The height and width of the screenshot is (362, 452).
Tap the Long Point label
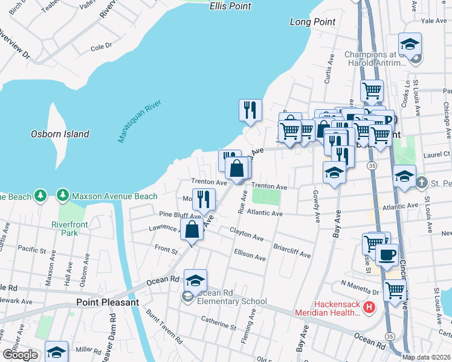tap(312, 22)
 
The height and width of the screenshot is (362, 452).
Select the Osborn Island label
tap(60, 134)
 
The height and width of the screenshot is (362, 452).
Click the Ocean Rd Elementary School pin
tap(195, 281)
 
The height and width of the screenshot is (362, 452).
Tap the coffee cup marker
tap(387, 254)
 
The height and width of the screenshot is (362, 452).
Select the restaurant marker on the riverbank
tap(250, 110)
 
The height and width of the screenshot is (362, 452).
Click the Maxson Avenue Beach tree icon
tap(62, 195)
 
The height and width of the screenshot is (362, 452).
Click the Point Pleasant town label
tap(108, 302)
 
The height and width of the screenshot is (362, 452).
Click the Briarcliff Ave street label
tap(291, 251)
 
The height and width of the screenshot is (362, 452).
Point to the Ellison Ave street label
tap(250, 256)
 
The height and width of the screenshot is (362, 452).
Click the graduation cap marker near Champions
tap(410, 44)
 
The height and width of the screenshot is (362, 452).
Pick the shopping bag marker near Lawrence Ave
tap(192, 229)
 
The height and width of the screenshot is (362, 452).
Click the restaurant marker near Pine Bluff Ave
tap(204, 199)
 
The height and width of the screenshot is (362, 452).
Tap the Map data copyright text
tap(426, 357)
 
